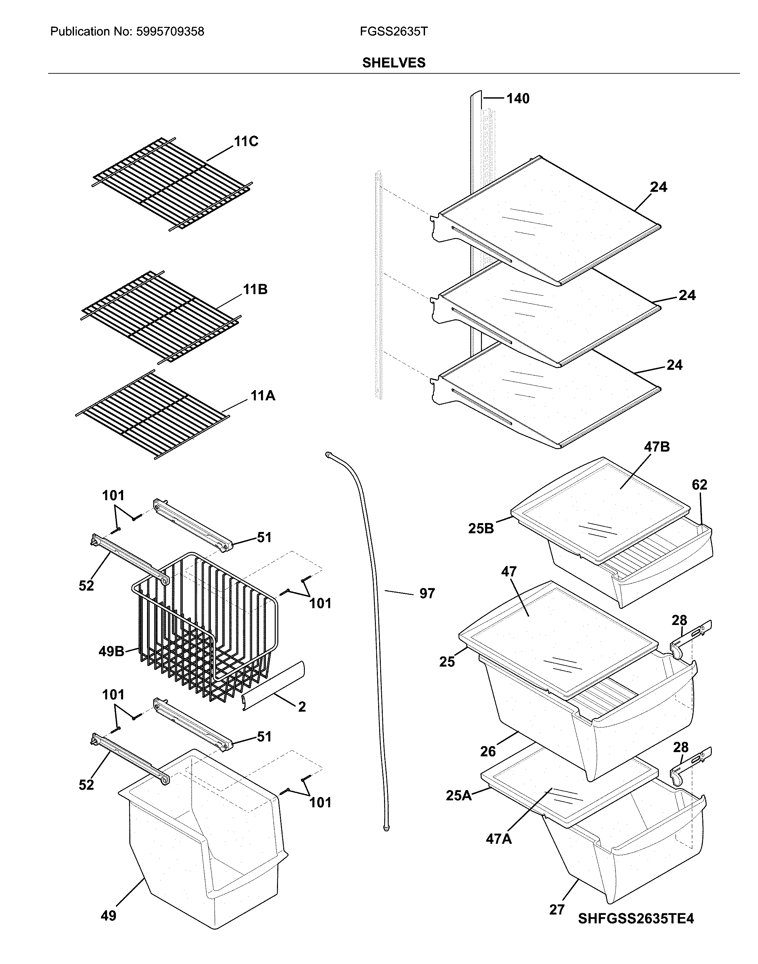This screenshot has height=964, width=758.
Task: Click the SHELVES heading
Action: click(394, 63)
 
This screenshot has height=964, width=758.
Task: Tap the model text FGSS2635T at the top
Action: click(394, 31)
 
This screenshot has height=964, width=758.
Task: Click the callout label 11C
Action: click(246, 141)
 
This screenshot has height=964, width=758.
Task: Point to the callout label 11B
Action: click(255, 290)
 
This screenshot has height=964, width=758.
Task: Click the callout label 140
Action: click(518, 98)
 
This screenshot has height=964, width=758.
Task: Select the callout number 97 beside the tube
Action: click(427, 593)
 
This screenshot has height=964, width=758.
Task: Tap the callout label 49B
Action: click(111, 652)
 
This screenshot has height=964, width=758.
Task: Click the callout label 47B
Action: click(657, 447)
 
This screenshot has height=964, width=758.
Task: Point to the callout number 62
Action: click(699, 484)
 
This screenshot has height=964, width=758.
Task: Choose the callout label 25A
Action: click(459, 795)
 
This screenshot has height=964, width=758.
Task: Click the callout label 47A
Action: click(499, 839)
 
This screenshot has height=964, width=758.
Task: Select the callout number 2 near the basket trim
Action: click(302, 707)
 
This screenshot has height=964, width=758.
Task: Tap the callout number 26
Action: click(488, 751)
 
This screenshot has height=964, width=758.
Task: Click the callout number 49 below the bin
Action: click(108, 916)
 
